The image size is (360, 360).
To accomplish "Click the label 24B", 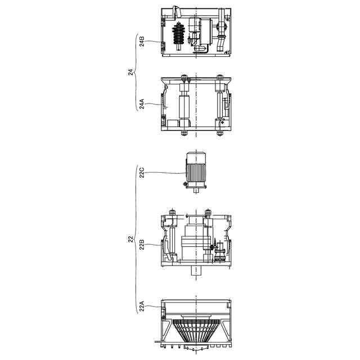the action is click(x=142, y=41).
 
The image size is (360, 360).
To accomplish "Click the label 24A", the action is click(x=142, y=103).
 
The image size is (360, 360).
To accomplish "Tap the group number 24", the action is click(x=130, y=72).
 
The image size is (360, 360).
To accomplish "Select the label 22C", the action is click(x=142, y=173).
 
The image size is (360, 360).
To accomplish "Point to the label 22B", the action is click(x=142, y=245).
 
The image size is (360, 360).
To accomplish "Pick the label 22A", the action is click(x=142, y=306).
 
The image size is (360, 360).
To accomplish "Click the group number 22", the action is click(x=130, y=239).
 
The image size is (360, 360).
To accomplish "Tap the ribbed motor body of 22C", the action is click(x=196, y=172).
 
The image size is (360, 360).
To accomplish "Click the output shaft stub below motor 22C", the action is click(x=196, y=191).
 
